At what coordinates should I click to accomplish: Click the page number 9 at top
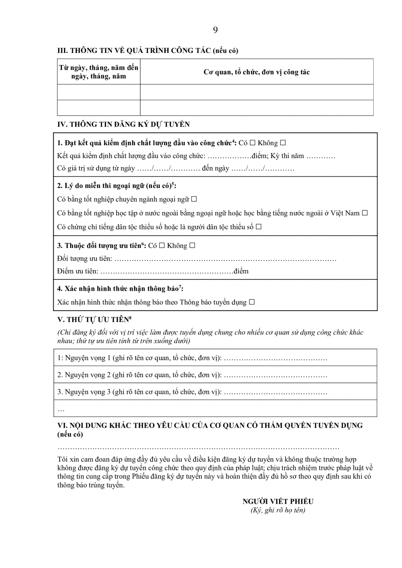tap(215, 30)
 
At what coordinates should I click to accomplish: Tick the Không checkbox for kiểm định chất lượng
tap(283, 143)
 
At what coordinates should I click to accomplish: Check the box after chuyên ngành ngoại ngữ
tap(194, 199)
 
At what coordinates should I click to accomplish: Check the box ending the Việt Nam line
tap(365, 213)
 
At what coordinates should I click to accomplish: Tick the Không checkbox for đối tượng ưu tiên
tap(192, 246)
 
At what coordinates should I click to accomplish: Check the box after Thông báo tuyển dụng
tap(252, 302)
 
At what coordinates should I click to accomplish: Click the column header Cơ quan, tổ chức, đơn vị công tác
tap(256, 72)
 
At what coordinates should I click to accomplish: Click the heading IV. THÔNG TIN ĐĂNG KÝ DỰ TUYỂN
tap(124, 124)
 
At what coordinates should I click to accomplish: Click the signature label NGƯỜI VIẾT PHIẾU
tap(278, 501)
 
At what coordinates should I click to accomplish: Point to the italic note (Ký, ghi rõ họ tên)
tap(278, 510)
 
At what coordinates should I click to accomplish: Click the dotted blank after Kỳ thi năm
tap(320, 156)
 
